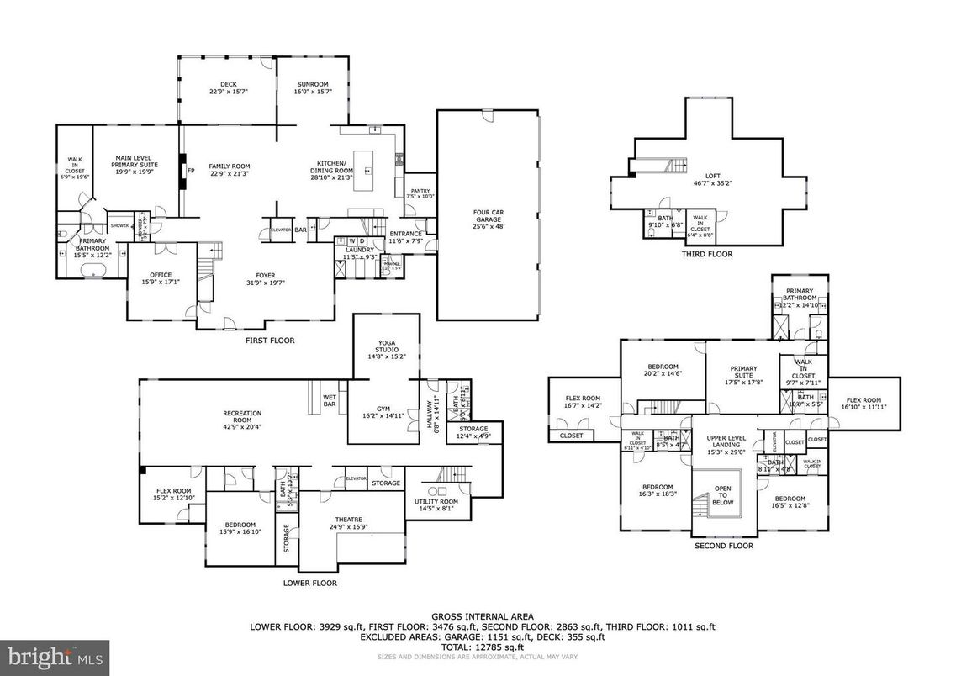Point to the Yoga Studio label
[x=386, y=349]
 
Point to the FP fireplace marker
[x=191, y=170]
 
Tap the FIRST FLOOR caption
[x=270, y=341]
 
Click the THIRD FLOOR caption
[x=707, y=254]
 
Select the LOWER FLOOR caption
[x=311, y=583]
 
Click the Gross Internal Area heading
[x=482, y=616]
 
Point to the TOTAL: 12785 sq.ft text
[x=482, y=647]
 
